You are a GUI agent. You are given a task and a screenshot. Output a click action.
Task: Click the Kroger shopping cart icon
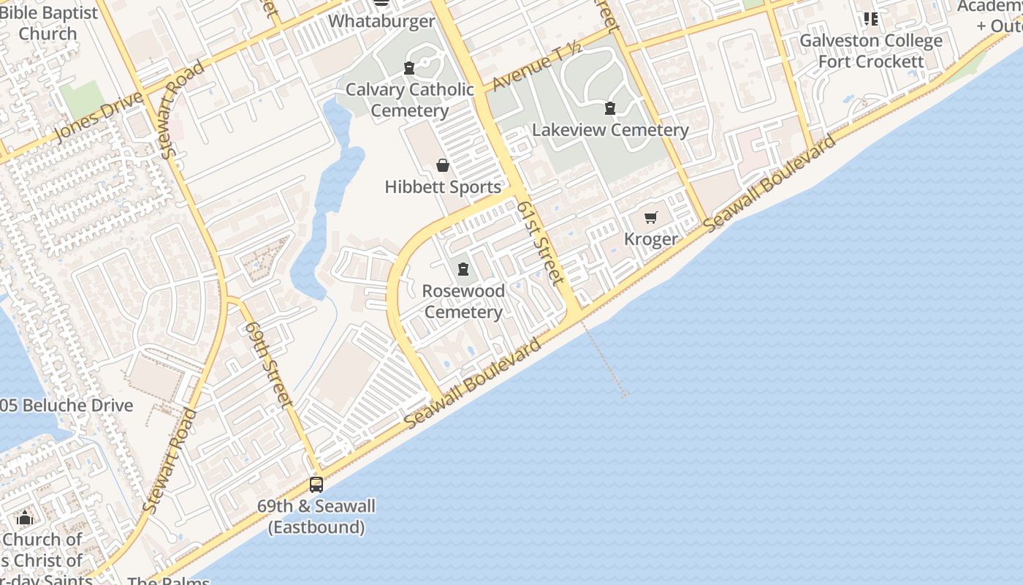tap(651, 217)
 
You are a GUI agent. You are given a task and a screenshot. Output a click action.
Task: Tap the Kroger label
tap(651, 239)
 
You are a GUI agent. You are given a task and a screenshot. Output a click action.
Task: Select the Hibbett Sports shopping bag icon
tap(442, 165)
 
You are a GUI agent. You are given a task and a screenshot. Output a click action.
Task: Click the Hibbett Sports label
tap(443, 187)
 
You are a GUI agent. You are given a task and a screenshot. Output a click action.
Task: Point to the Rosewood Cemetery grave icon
tap(463, 269)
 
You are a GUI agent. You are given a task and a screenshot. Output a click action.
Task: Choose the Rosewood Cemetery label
tap(463, 301)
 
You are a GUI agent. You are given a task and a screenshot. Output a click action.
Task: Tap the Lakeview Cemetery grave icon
tap(609, 109)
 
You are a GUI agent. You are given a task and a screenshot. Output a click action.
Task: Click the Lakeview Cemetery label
tap(610, 130)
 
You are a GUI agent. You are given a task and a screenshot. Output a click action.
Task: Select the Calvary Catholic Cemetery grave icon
tap(409, 68)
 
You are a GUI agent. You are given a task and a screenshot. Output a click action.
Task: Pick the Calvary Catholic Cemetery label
tap(409, 100)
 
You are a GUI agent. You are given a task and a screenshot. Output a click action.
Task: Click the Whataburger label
tap(381, 21)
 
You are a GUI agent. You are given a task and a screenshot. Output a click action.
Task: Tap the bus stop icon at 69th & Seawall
tap(316, 484)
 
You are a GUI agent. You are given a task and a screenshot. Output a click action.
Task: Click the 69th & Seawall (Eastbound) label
tap(316, 516)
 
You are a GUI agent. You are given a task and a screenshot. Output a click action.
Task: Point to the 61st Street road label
tap(541, 242)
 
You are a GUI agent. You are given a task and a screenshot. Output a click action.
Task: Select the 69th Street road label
tap(269, 363)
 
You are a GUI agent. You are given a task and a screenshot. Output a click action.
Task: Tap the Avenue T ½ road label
tap(537, 67)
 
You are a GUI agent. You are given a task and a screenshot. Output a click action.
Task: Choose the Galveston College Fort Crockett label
tap(871, 51)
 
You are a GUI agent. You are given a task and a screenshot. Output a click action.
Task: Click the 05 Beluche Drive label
tap(67, 406)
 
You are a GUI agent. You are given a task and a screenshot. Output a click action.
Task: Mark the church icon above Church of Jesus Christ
tap(25, 518)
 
